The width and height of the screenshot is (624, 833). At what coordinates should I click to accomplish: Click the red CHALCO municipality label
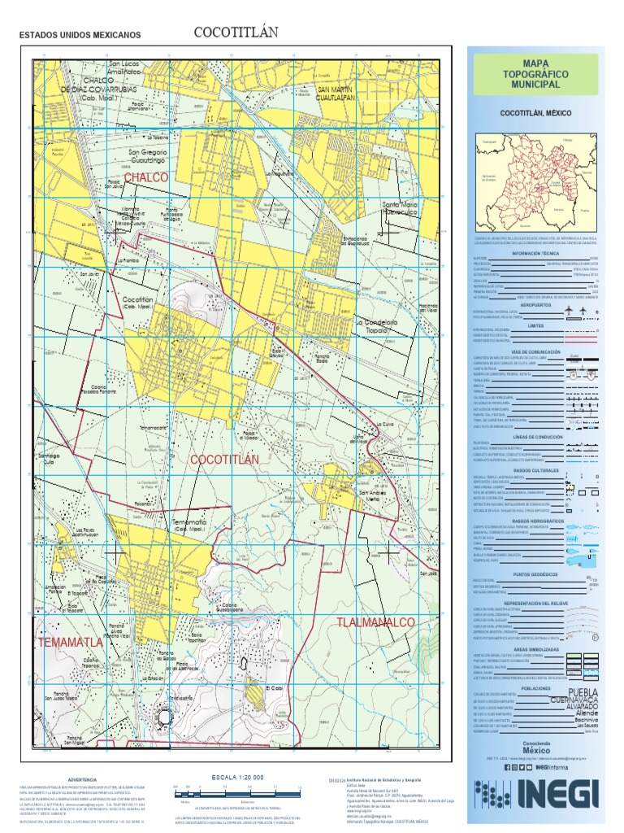tap(146, 177)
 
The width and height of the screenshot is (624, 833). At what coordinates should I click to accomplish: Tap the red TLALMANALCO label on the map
tap(375, 622)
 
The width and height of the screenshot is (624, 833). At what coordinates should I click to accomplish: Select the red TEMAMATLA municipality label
tap(70, 643)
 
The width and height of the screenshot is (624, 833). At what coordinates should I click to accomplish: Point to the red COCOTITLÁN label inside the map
tap(224, 460)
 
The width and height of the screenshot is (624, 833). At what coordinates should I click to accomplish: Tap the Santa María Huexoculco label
tap(400, 208)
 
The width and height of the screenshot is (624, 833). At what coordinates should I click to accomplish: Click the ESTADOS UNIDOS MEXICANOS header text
tap(80, 36)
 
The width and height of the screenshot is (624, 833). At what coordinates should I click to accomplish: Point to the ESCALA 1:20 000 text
tap(237, 778)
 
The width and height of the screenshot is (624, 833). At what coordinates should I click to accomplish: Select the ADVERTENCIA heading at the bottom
tap(83, 779)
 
